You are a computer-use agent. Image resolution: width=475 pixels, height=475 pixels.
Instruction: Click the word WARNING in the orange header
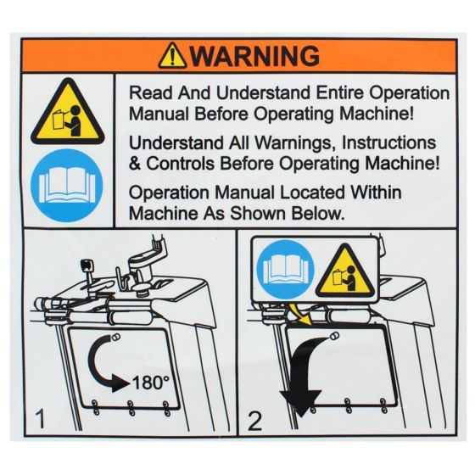[x=254, y=56]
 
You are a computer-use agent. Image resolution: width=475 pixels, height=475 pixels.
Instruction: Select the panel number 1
[x=38, y=416]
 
